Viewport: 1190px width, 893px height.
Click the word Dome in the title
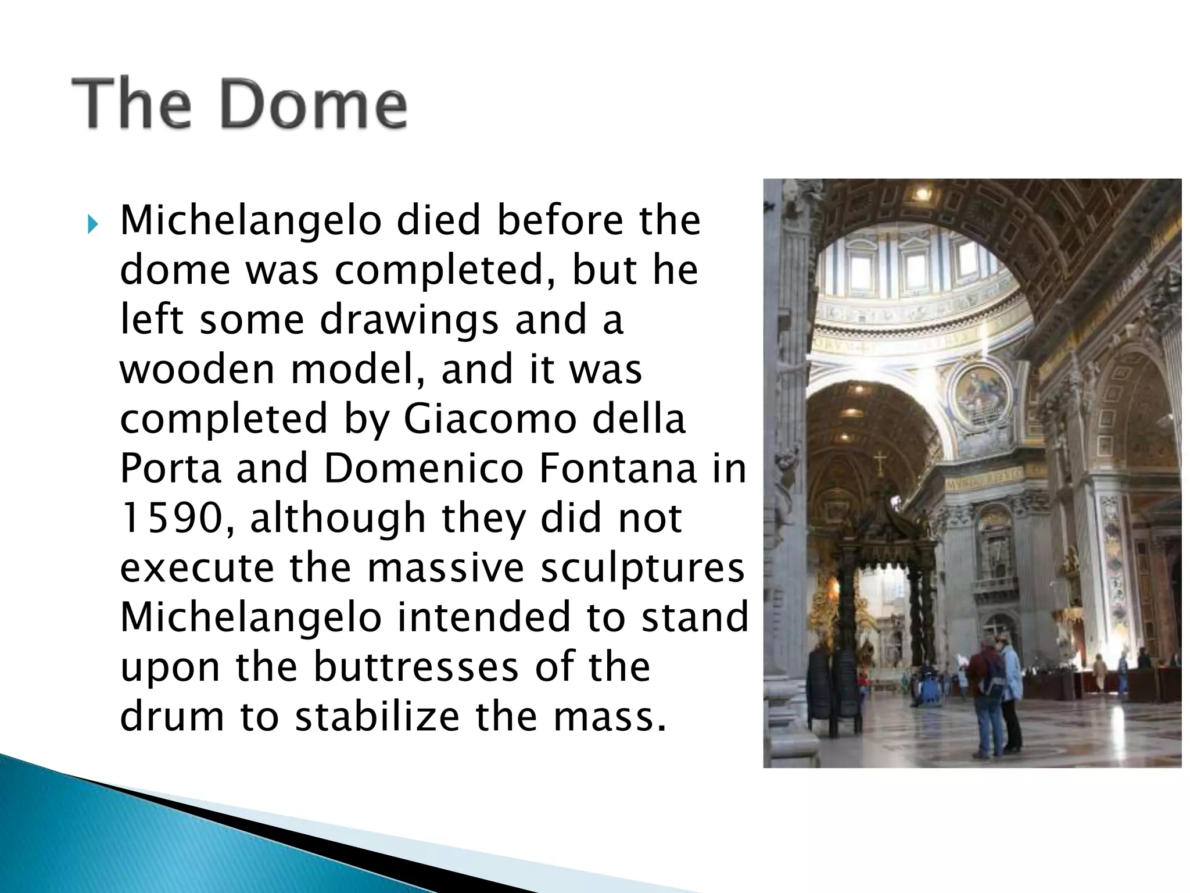tap(314, 105)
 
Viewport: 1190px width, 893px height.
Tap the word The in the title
tap(131, 105)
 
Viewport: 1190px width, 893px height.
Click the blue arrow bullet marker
tap(92, 224)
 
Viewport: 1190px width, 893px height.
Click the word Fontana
tap(617, 468)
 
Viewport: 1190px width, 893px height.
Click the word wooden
tap(197, 369)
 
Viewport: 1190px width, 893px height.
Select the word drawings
tap(409, 320)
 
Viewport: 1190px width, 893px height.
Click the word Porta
tap(171, 468)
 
